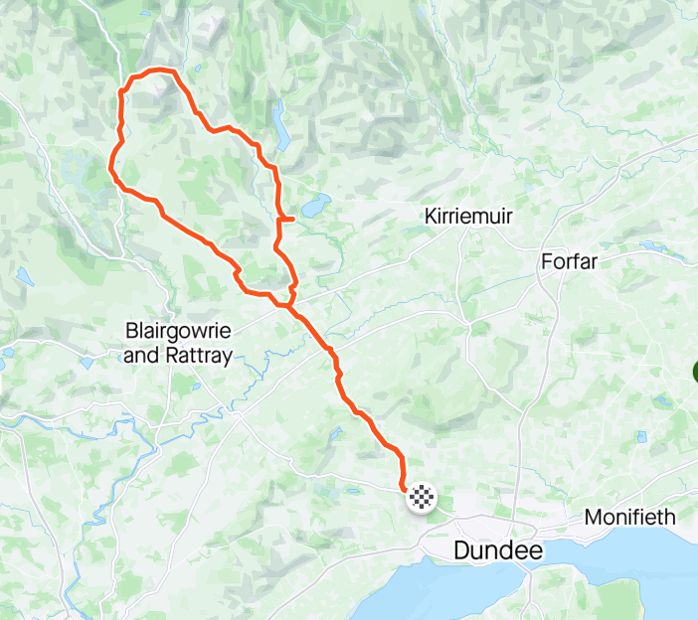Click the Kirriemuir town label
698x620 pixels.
pyautogui.click(x=468, y=216)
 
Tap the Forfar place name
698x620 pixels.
pyautogui.click(x=574, y=262)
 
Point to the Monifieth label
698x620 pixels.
pyautogui.click(x=629, y=518)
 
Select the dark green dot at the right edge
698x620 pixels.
pyautogui.click(x=695, y=374)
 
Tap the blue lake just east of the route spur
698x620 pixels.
pyautogui.click(x=316, y=207)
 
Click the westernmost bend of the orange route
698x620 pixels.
pyautogui.click(x=110, y=169)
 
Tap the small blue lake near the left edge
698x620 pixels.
pyautogui.click(x=24, y=277)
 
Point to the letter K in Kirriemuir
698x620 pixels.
pyautogui.click(x=431, y=216)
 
